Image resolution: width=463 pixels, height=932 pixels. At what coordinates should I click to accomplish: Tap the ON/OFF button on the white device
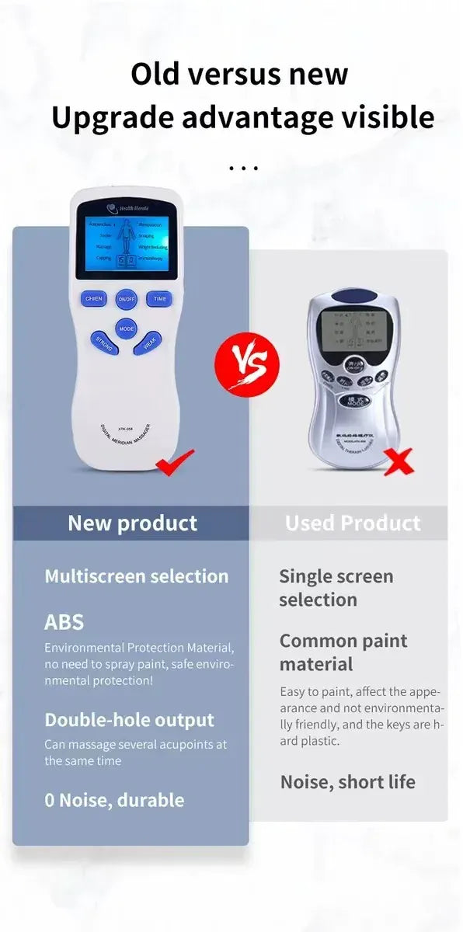click(x=127, y=299)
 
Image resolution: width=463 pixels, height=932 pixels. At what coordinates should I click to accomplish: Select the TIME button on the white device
click(x=160, y=299)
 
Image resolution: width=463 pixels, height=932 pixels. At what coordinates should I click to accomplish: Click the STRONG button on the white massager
click(x=104, y=343)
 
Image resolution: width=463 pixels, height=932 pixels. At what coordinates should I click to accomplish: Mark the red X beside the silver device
click(x=398, y=463)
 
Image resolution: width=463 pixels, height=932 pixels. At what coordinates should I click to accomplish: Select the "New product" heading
click(x=132, y=523)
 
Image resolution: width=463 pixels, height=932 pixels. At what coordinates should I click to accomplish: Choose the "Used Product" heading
click(x=353, y=523)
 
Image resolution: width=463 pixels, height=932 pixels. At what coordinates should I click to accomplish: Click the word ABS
click(x=64, y=622)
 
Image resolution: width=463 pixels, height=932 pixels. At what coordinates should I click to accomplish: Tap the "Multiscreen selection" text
click(x=137, y=576)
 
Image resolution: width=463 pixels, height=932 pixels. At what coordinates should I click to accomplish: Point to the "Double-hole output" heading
click(x=129, y=720)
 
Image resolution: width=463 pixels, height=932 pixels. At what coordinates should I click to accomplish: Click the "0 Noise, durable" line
click(x=114, y=800)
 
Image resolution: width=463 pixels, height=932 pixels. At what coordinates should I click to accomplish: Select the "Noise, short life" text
click(x=347, y=782)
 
